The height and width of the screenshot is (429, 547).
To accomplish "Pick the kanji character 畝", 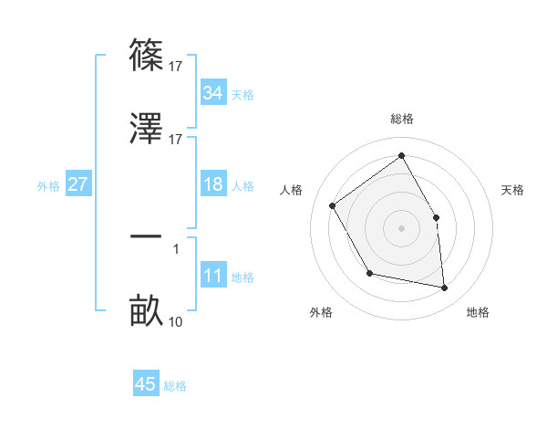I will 146,311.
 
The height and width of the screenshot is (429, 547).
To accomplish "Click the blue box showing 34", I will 213,93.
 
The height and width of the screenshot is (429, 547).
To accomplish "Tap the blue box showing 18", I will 213,184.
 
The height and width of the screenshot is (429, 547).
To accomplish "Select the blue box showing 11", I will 213,276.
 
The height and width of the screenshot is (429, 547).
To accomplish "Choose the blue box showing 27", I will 78,184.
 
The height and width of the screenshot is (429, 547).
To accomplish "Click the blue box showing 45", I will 146,384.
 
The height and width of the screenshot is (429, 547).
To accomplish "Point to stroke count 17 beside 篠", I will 176,66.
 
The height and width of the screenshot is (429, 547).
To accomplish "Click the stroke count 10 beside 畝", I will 176,321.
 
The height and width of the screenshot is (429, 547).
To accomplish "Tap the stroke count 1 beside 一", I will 176,247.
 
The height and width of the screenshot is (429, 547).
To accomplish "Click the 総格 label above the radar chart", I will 402,119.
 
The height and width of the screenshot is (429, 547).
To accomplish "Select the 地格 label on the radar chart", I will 478,313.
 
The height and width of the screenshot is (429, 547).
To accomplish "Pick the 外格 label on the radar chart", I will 321,313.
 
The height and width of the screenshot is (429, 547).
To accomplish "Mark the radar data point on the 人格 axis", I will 333,205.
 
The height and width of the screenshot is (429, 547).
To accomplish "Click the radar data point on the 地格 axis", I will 444,288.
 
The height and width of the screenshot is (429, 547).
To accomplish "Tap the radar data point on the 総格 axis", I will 401,155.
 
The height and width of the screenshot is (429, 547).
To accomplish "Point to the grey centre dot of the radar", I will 401,228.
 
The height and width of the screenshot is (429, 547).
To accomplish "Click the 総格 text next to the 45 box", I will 175,386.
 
